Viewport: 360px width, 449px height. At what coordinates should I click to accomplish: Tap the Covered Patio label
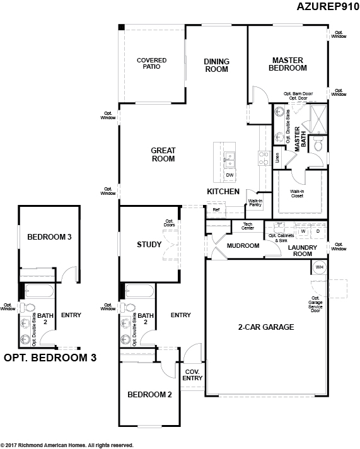click(152, 64)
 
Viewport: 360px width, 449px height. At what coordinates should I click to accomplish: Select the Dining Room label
click(216, 65)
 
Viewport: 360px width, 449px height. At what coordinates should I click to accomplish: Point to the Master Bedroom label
click(288, 64)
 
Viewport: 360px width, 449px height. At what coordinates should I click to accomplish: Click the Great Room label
click(163, 155)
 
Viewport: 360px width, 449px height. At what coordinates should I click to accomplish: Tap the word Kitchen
click(223, 191)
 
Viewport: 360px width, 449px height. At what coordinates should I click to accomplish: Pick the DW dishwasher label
click(230, 175)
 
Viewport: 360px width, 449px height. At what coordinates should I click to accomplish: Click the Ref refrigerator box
click(216, 210)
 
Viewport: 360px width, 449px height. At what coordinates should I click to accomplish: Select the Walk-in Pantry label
click(255, 202)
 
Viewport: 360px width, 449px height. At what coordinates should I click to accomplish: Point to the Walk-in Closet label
click(297, 194)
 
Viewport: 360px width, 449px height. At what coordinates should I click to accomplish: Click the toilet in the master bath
click(318, 145)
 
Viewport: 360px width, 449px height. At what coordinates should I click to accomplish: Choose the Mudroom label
click(243, 245)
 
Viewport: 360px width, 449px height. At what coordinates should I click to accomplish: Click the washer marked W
click(302, 231)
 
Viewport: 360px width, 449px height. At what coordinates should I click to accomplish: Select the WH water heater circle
click(319, 267)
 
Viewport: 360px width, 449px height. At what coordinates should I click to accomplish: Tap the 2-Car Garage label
click(266, 327)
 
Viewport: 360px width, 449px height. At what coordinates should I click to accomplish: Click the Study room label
click(149, 245)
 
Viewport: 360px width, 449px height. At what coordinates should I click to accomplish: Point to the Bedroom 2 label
click(149, 395)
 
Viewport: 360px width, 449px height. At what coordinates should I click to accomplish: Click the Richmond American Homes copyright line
click(67, 445)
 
